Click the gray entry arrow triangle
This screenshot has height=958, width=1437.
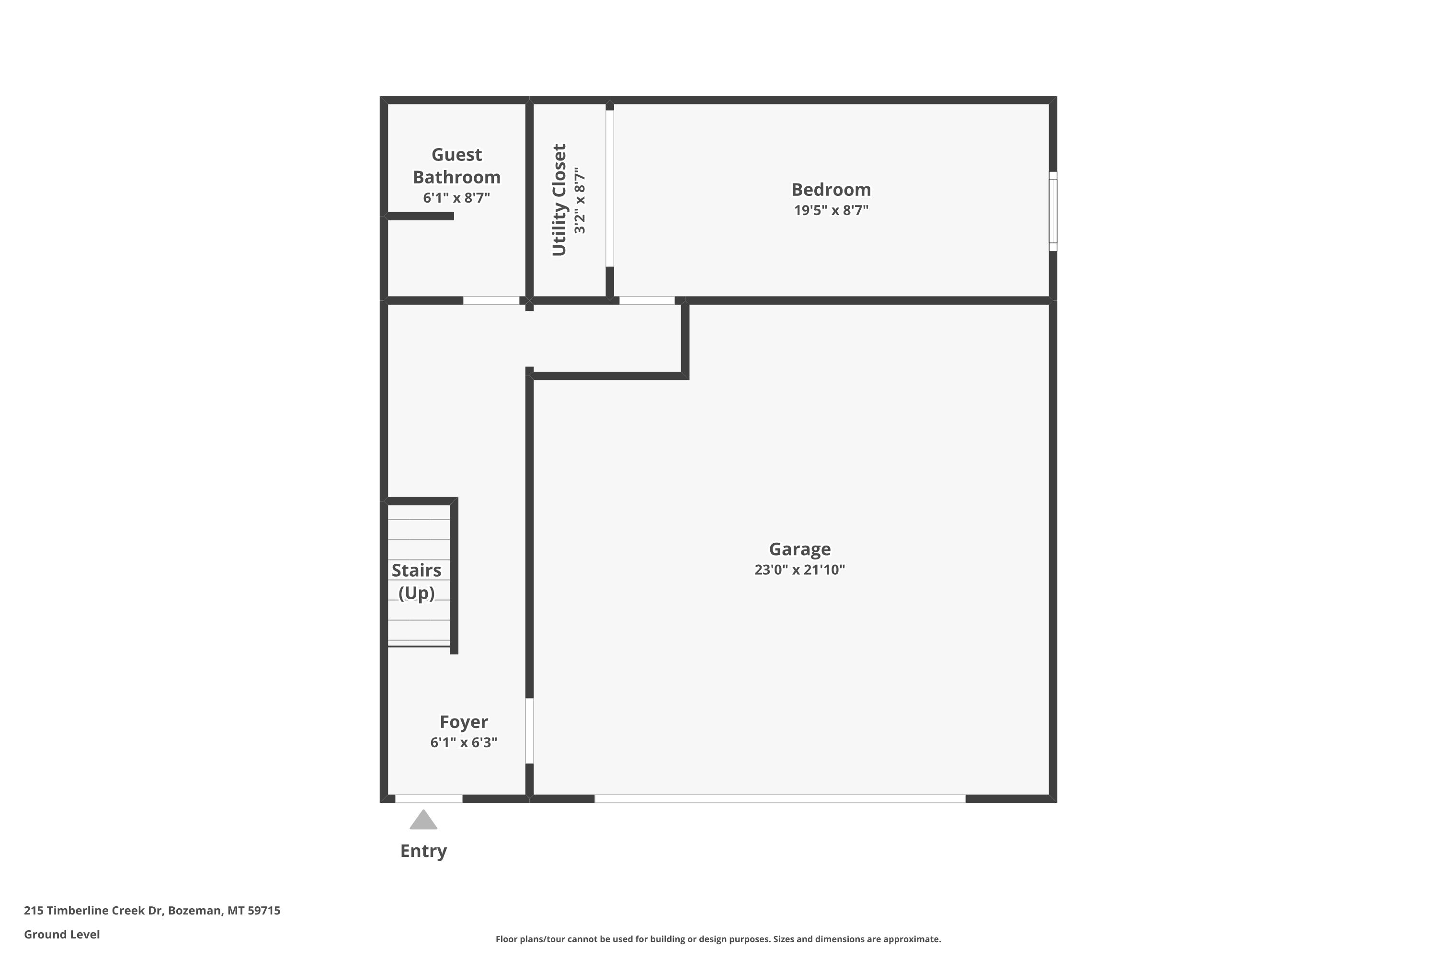(423, 820)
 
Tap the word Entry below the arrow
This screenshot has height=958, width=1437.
(423, 851)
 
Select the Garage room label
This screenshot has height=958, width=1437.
(800, 549)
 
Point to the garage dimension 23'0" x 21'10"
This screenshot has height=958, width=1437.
(800, 570)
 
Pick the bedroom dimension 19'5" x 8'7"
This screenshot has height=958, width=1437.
(831, 210)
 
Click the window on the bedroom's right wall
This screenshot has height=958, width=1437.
(1053, 211)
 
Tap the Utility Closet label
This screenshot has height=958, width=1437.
(559, 200)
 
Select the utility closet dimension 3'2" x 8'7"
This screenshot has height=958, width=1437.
(580, 200)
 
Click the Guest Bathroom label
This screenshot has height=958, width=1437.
(456, 166)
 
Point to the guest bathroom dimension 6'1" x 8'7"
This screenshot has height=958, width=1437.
(456, 197)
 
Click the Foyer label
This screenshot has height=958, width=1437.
(464, 722)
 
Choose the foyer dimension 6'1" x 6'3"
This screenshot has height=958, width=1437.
(464, 742)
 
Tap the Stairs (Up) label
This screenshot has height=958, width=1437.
(416, 582)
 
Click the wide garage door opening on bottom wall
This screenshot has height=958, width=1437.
(780, 798)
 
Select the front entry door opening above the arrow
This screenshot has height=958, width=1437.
(429, 798)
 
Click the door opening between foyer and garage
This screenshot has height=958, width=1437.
(529, 731)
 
